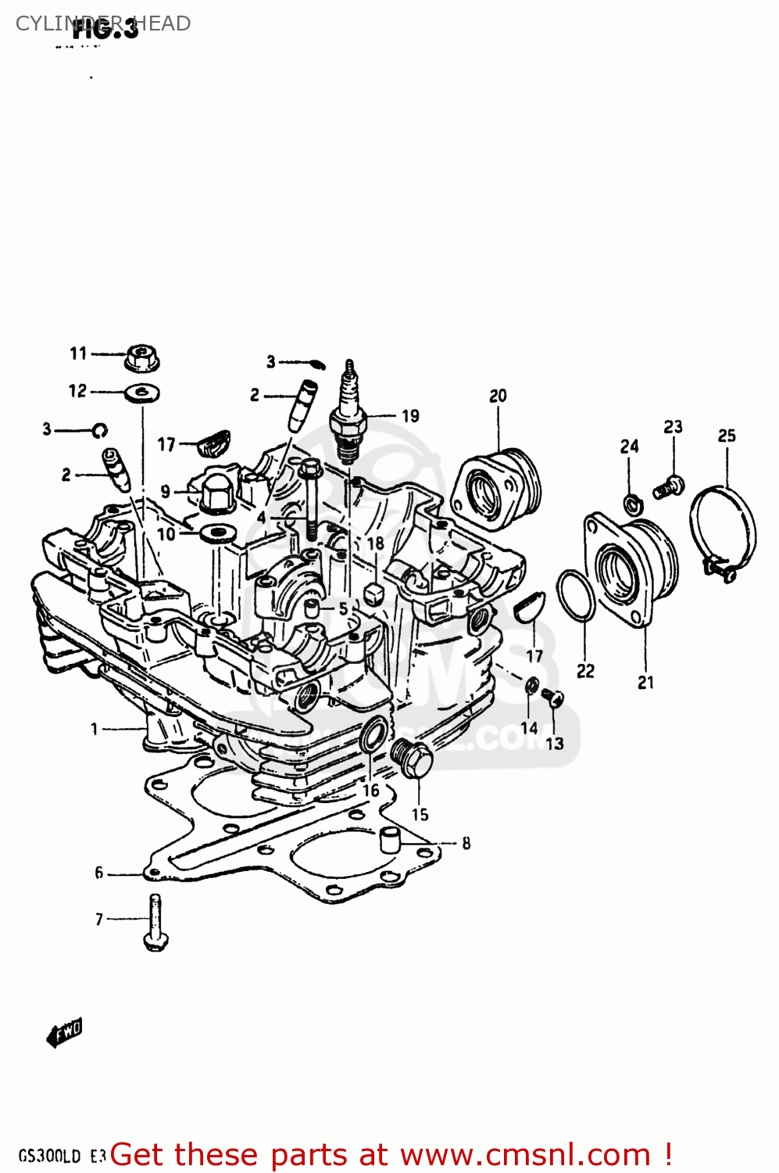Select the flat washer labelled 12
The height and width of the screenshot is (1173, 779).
[142, 392]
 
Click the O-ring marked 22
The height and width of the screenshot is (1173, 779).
[576, 595]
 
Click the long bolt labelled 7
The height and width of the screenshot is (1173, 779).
[155, 923]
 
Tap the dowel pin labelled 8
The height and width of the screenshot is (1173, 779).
[389, 840]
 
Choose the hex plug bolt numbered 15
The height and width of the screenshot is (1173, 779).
[412, 757]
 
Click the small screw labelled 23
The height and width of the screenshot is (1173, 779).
[669, 487]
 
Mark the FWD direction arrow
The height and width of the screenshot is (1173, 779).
[64, 1033]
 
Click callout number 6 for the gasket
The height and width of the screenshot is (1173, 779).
[99, 873]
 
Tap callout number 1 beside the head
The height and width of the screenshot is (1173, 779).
[95, 730]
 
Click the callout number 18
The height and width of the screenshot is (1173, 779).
[375, 543]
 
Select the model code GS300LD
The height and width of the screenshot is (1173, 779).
[49, 1156]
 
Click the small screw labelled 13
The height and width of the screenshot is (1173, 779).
[553, 697]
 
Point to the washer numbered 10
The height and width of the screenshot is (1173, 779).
[216, 534]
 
